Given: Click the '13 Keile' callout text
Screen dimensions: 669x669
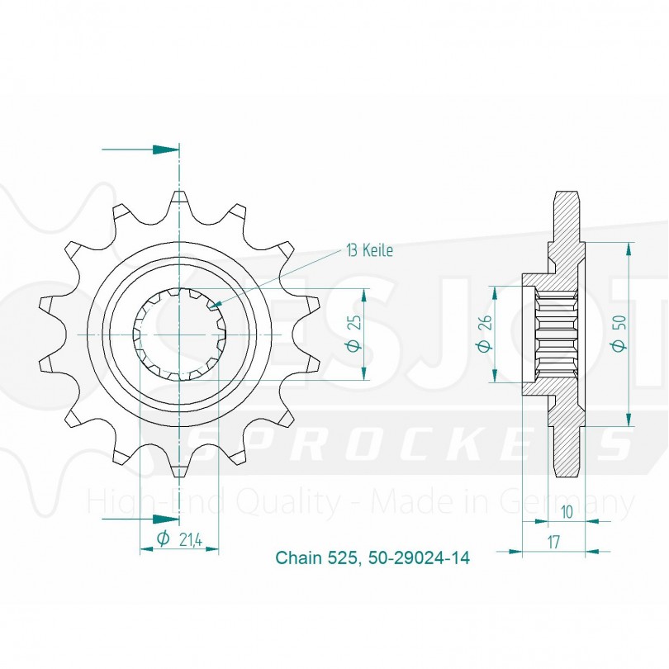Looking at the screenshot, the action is click(x=370, y=251).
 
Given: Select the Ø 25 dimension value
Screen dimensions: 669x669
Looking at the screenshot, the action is click(x=355, y=334).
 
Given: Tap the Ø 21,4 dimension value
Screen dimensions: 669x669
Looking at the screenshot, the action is click(x=179, y=539).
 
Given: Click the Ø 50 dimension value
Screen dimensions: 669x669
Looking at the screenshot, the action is click(x=619, y=334).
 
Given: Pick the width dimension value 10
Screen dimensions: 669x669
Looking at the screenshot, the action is click(x=567, y=512).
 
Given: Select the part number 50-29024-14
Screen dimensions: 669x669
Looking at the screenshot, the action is click(x=416, y=557).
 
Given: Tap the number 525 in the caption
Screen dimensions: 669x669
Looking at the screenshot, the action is click(x=342, y=557).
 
